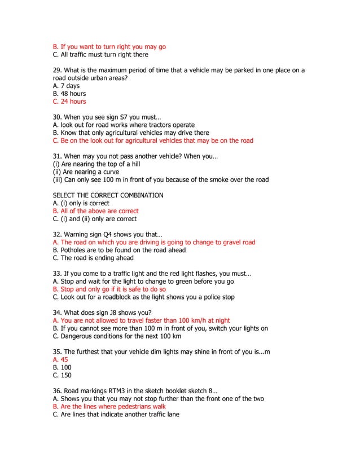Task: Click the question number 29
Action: pyautogui.click(x=56, y=71)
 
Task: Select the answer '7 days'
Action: pyautogui.click(x=66, y=86)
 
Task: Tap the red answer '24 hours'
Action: pyautogui.click(x=69, y=102)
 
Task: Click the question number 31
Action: pyautogui.click(x=56, y=156)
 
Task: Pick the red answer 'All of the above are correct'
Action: pyautogui.click(x=95, y=211)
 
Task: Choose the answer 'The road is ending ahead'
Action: pyautogui.click(x=93, y=258)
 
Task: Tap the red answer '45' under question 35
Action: pyautogui.click(x=60, y=359)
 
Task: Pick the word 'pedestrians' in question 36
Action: pyautogui.click(x=126, y=406)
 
